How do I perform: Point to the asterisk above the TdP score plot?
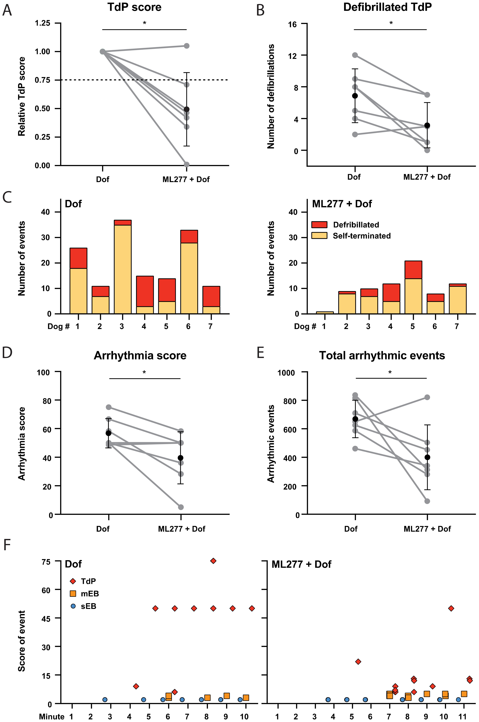[x=144, y=23]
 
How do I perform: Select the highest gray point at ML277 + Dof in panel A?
[x=186, y=46]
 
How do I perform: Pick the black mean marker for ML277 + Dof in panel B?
[x=427, y=125]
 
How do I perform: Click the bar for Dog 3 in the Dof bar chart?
[x=123, y=269]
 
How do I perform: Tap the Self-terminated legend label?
[x=362, y=236]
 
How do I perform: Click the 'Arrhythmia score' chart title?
[x=140, y=355]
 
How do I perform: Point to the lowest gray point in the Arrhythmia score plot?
[x=181, y=507]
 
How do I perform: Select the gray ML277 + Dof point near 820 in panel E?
[x=427, y=397]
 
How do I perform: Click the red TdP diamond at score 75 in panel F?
[x=213, y=561]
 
